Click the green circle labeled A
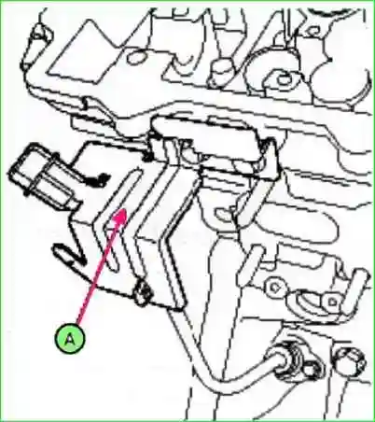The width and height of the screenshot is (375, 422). pos(72,338)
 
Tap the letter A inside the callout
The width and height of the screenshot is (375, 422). pos(72,338)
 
